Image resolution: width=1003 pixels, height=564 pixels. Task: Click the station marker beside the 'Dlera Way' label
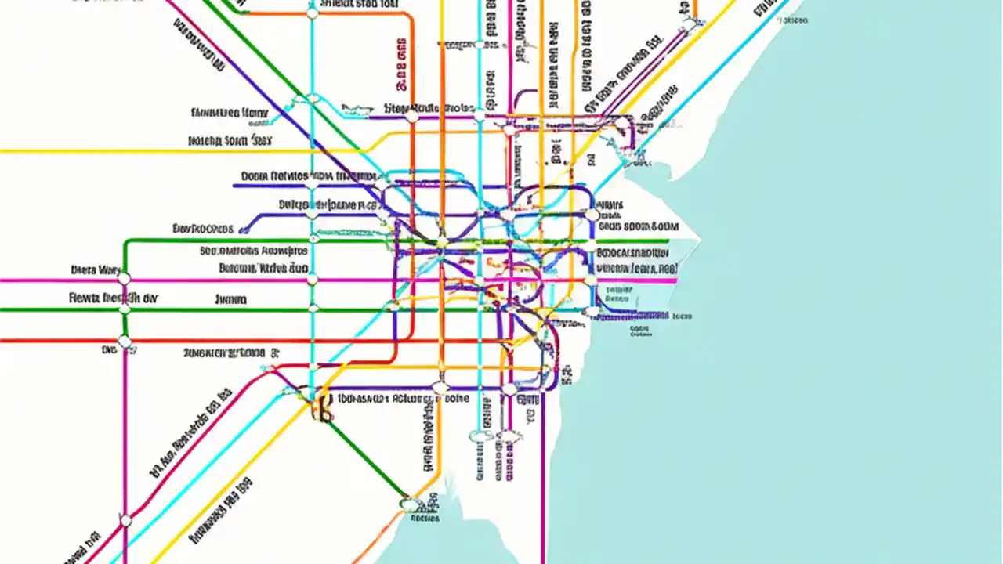coord(123,278)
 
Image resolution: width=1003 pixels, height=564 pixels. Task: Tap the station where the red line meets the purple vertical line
coord(125,342)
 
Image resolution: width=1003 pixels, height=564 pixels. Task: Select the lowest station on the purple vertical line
coord(125,519)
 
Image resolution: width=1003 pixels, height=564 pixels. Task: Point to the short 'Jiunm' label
coord(230,299)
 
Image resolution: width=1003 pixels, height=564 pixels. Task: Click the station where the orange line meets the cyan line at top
coord(313,13)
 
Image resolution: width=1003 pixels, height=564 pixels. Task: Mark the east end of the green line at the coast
coord(668,241)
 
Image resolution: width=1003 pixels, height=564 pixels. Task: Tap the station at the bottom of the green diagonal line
coord(408,503)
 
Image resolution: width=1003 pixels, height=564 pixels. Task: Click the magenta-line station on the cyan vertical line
coord(313,280)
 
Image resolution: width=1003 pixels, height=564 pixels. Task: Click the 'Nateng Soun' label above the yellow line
coord(230,142)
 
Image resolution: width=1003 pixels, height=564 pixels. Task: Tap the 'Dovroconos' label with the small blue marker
coord(202,230)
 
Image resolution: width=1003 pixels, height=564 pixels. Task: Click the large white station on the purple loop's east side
coord(592,215)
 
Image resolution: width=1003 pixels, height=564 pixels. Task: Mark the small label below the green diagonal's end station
coord(424,518)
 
